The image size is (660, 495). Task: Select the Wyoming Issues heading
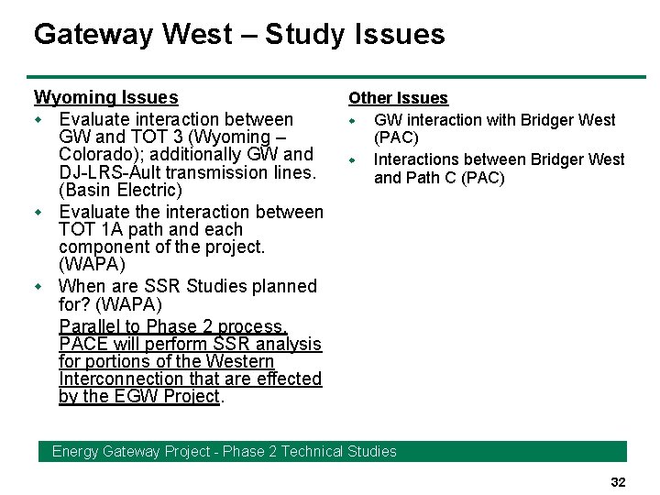coord(105,97)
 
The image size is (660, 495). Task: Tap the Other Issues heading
coord(398,98)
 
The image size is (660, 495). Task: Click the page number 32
coord(618,482)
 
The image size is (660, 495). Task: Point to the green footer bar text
coord(225,451)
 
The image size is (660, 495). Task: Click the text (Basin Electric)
coord(120,190)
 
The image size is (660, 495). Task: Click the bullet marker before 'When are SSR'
coord(38,287)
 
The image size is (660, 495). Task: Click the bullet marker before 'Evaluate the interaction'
coord(38,213)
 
